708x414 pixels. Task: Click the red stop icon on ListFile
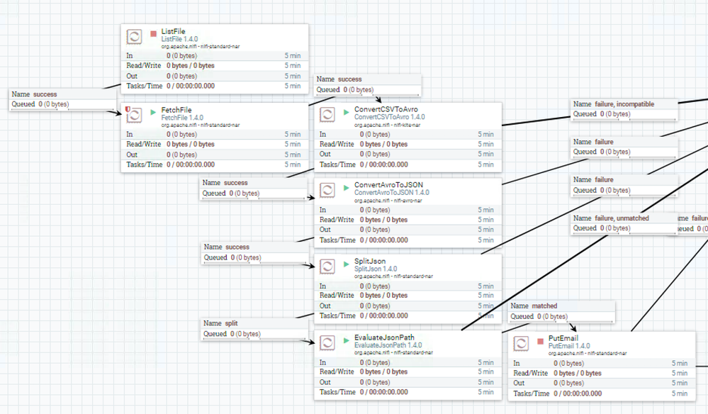point(154,33)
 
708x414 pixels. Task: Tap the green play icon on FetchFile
point(154,113)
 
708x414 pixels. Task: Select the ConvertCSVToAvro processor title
point(386,110)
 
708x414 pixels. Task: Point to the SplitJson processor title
point(370,262)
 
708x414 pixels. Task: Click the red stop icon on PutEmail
point(540,342)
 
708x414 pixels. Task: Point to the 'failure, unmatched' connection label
point(622,218)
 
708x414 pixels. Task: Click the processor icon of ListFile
point(134,37)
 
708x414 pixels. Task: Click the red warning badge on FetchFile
point(128,109)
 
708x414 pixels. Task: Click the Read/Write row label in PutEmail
point(530,374)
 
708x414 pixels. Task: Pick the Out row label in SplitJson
point(325,306)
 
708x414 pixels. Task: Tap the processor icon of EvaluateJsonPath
point(327,342)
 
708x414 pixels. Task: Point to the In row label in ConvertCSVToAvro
point(323,134)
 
